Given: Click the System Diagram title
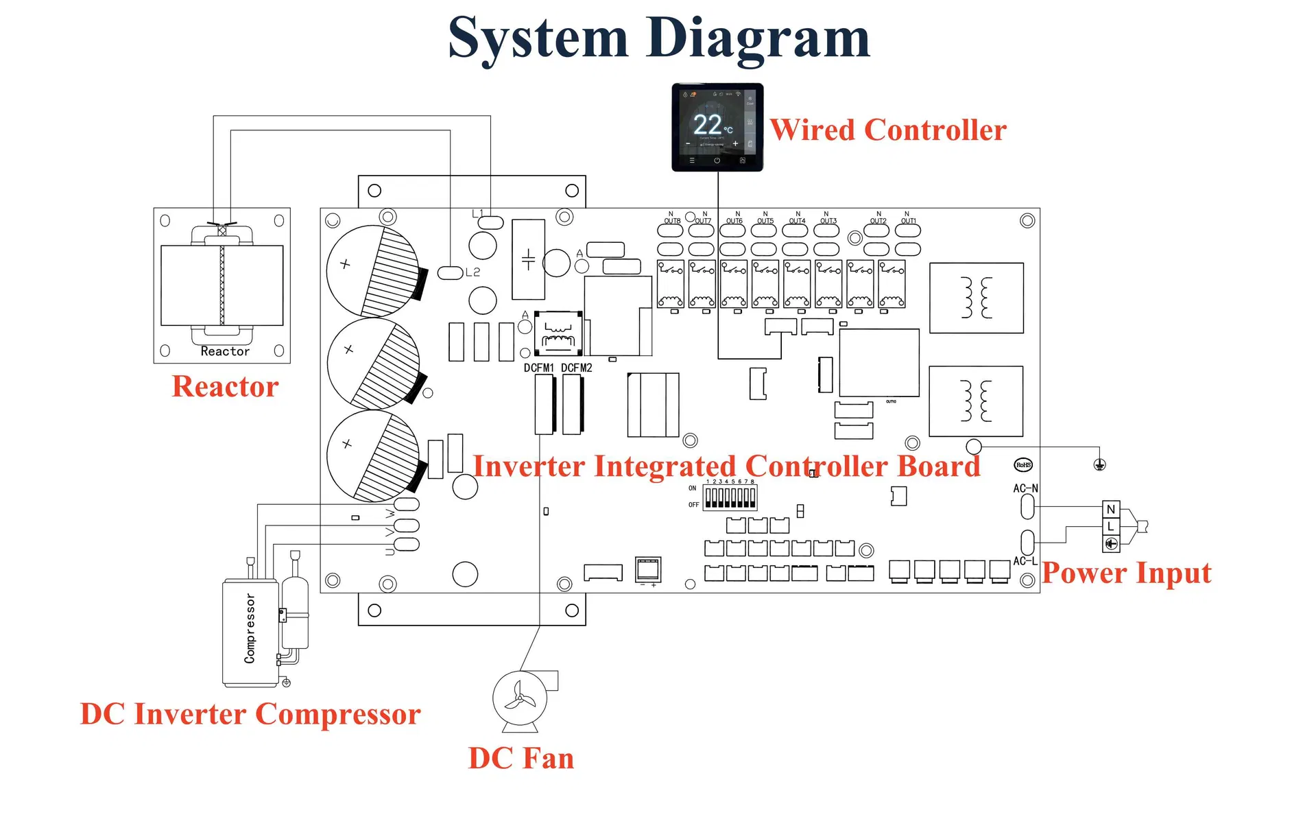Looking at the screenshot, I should [658, 38].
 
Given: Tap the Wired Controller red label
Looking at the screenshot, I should [887, 130].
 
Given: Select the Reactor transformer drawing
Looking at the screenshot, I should [222, 285].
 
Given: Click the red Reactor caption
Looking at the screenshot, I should [225, 386].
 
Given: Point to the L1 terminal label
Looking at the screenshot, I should [478, 213].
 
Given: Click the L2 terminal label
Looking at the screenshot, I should [472, 272].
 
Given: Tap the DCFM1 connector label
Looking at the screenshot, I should [538, 368].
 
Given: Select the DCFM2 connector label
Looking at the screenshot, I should [576, 368].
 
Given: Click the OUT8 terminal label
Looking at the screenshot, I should [672, 221].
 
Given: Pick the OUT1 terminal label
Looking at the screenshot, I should [908, 221].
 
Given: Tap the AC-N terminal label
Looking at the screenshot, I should [1025, 488].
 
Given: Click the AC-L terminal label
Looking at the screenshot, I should [1025, 561].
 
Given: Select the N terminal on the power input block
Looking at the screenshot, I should [1111, 509].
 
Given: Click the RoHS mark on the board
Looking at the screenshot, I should [1023, 465].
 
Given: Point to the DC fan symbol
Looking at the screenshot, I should [520, 698].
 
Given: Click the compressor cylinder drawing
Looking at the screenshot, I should [250, 631].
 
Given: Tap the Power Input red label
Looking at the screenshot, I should [1126, 573].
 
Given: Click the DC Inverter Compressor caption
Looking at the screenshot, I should [250, 714].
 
